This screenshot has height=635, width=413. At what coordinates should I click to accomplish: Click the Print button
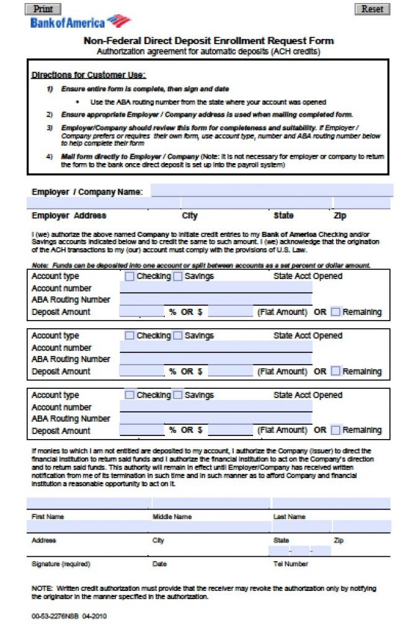tap(42, 9)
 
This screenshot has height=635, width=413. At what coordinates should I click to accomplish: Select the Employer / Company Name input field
tap(272, 190)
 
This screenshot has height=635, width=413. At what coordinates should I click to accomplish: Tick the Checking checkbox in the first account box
tap(130, 276)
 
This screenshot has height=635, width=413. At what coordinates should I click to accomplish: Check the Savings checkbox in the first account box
tap(178, 276)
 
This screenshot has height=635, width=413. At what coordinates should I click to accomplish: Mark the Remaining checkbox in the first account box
tap(335, 312)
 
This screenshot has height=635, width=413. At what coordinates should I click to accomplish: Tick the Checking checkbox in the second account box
tap(130, 335)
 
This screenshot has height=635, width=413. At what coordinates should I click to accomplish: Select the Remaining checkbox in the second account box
tap(335, 371)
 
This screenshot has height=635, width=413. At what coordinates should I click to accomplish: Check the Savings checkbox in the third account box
tap(178, 394)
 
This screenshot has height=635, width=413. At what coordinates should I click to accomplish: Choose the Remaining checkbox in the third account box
tap(335, 430)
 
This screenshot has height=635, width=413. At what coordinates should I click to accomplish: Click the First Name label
tap(48, 517)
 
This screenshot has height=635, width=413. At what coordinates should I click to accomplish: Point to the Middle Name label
tap(172, 517)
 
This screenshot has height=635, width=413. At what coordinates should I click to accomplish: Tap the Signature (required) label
tap(61, 564)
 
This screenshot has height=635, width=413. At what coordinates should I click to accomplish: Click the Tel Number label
tap(291, 564)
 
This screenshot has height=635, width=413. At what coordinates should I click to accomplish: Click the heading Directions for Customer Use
tap(89, 75)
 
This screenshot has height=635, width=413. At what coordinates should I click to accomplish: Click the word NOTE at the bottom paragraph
tap(42, 588)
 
